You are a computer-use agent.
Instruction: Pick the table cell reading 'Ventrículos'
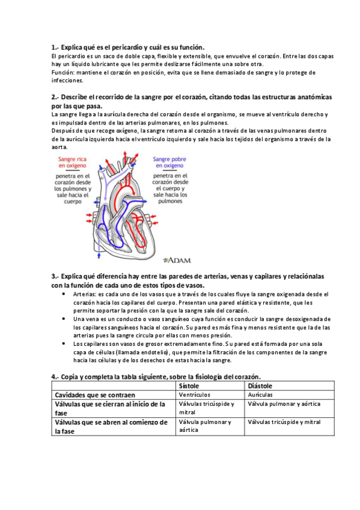coord(195,395)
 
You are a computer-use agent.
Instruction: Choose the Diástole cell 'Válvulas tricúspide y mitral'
coord(284,422)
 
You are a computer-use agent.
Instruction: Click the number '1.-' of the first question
coord(55,48)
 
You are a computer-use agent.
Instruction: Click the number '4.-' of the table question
coord(55,376)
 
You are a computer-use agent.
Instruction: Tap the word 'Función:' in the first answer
coord(64,72)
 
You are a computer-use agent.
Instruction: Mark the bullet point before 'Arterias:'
coord(64,295)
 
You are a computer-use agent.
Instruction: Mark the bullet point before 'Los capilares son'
coord(64,343)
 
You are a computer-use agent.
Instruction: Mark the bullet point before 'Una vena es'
coord(64,319)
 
